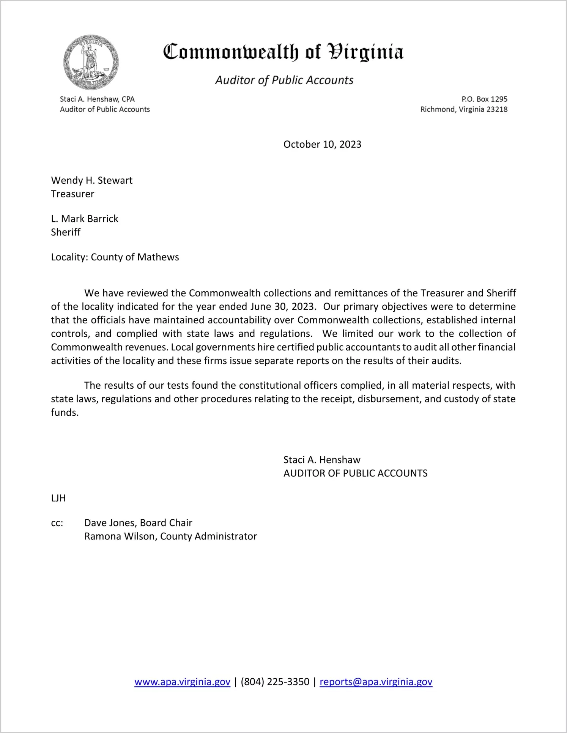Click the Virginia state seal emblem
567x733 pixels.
click(91, 62)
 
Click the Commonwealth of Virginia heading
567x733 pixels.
click(283, 52)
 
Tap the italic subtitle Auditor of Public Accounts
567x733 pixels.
click(284, 80)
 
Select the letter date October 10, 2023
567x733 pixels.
click(322, 144)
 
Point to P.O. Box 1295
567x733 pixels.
click(484, 99)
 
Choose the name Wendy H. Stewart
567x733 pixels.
click(92, 180)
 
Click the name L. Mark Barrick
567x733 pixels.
click(85, 219)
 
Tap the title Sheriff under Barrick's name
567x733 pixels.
click(66, 232)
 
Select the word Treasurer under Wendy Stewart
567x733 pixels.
click(72, 194)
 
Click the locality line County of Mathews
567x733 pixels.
click(115, 257)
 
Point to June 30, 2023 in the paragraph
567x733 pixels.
click(283, 306)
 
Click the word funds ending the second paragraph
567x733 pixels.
click(65, 413)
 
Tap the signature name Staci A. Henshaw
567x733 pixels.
click(322, 460)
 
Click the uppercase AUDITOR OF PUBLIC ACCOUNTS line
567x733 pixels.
click(355, 473)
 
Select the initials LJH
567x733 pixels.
click(58, 498)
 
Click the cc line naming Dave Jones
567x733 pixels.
click(138, 523)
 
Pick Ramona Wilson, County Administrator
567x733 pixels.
click(170, 536)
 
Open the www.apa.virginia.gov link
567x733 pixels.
click(182, 682)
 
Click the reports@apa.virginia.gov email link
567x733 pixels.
click(376, 682)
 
